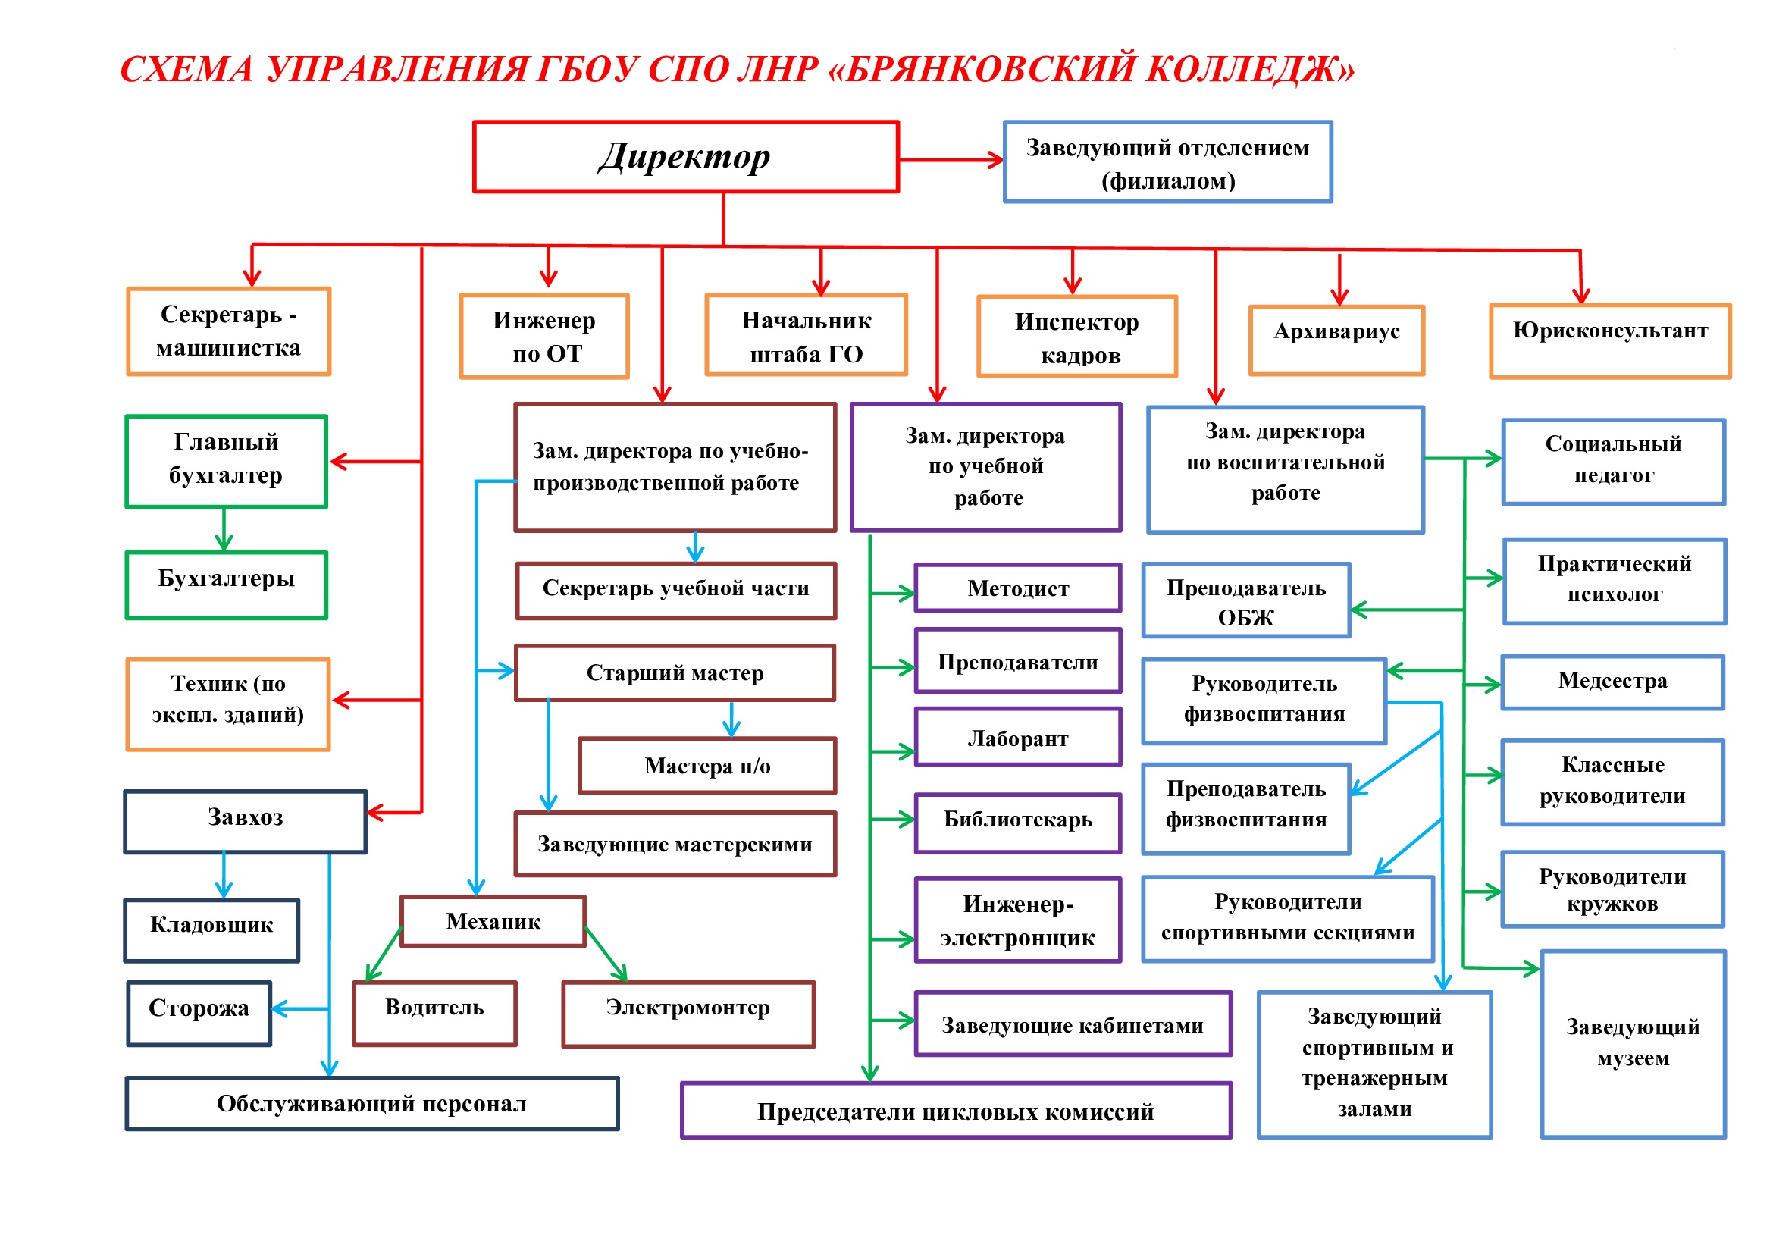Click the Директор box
[x=686, y=157]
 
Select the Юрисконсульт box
[x=1610, y=340]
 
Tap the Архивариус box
[x=1336, y=340]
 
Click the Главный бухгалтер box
[x=226, y=462]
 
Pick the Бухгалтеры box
[x=226, y=585]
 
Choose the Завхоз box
[x=246, y=822]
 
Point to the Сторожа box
[x=199, y=1014]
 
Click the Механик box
[x=493, y=921]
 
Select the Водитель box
[x=435, y=1014]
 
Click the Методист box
[x=1018, y=588]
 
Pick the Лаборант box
[x=1018, y=738]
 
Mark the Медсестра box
[x=1612, y=682]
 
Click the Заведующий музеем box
[x=1634, y=1044]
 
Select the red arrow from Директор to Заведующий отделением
[x=951, y=161]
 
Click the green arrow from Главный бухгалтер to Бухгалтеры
[x=224, y=530]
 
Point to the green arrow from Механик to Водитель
[x=383, y=954]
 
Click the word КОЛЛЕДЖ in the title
[x=1250, y=69]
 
